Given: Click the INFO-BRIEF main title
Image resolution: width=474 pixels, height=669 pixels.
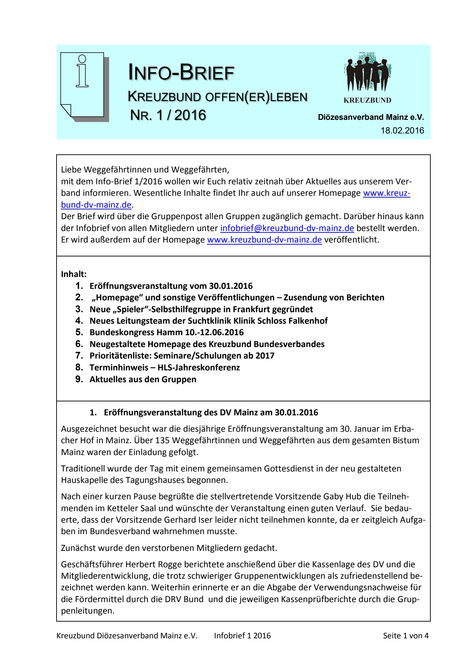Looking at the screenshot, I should coord(181,72).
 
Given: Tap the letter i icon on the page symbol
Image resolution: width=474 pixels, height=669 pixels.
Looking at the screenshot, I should coord(82,71).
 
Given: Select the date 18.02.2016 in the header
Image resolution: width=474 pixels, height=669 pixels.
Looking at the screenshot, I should coord(402,131).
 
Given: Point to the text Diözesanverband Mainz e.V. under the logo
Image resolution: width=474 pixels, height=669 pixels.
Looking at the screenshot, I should coord(371,117).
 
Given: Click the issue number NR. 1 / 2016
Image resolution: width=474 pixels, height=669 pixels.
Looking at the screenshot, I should coord(168,115).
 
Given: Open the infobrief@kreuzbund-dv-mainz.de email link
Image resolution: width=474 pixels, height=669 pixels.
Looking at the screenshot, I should coord(287,228).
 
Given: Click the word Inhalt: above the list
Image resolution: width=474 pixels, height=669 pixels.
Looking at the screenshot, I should coord(74,274).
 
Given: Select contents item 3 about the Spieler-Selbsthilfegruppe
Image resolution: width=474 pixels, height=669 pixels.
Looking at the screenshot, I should coord(201,309).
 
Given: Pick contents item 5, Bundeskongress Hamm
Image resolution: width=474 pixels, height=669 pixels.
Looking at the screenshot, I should coord(166,332).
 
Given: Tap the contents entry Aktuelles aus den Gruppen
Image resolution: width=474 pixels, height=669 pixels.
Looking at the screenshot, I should coord(143,379).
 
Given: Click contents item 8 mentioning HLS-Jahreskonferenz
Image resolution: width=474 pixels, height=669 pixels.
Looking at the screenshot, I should coord(164,368).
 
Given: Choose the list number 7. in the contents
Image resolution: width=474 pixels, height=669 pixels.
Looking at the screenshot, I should coord(79,356).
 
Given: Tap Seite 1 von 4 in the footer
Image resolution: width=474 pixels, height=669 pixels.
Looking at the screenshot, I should coord(406,636).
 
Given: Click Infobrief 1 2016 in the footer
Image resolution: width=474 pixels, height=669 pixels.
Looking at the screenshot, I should coord(242,636).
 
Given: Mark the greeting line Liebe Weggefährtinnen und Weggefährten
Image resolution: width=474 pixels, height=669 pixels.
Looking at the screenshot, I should coord(145,170).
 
